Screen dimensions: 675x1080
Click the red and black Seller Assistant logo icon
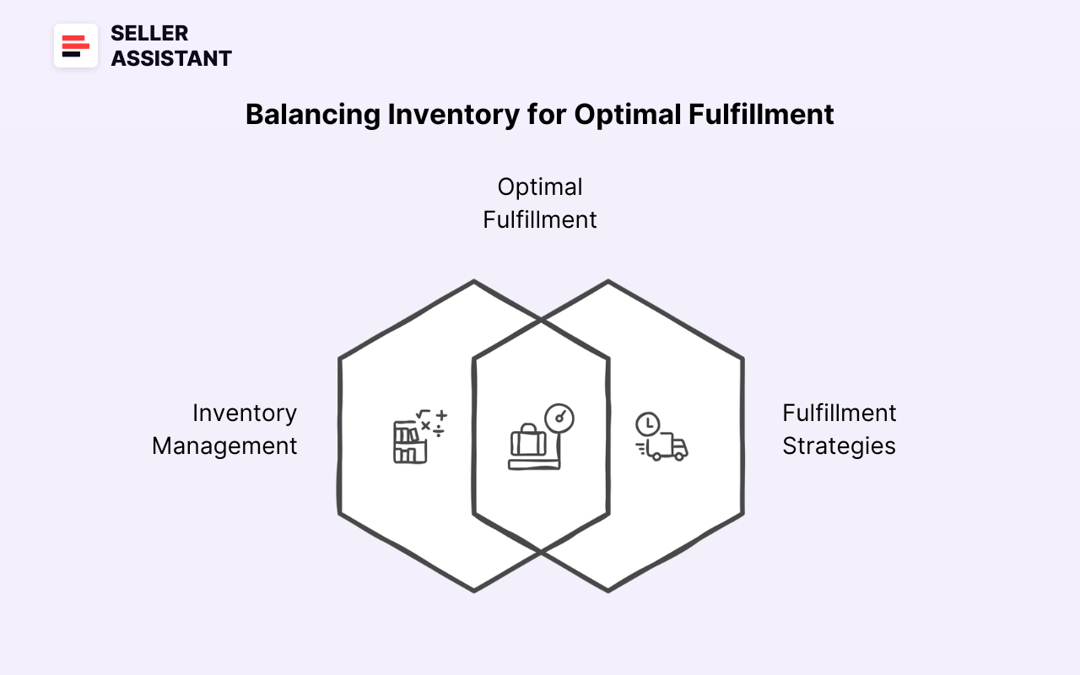76,46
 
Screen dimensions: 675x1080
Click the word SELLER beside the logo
149,33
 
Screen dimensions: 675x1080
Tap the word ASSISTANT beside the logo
171,58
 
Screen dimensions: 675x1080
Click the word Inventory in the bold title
453,114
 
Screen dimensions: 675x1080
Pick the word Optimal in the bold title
627,114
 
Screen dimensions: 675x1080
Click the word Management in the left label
224,445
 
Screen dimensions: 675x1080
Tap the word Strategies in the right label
839,445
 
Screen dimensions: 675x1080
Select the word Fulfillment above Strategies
839,413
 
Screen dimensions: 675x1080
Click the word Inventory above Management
245,413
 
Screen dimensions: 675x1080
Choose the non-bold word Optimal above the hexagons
540,186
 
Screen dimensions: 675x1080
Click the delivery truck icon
667,447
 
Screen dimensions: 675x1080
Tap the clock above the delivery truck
647,424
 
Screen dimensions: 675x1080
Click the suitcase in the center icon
529,440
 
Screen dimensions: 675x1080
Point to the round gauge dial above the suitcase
559,418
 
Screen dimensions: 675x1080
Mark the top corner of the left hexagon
473,282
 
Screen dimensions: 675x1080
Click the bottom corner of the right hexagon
607,590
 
